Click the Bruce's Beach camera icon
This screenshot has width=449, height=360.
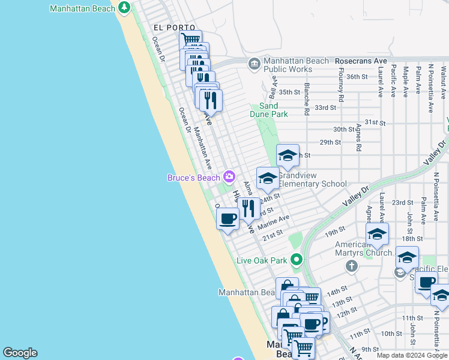[x=229, y=176]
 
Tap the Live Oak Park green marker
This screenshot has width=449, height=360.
[x=296, y=260]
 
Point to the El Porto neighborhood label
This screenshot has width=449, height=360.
[x=174, y=28]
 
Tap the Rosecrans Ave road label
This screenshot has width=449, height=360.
[x=361, y=61]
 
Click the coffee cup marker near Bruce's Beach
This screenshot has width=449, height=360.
[x=228, y=218]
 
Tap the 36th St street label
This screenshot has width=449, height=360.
[x=356, y=77]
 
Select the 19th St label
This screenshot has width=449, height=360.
[x=336, y=229]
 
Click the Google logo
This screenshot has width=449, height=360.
[x=20, y=353]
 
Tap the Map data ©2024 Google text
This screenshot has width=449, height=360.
[x=412, y=355]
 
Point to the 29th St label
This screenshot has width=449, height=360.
[x=330, y=142]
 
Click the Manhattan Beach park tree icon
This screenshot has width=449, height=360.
[x=124, y=8]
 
